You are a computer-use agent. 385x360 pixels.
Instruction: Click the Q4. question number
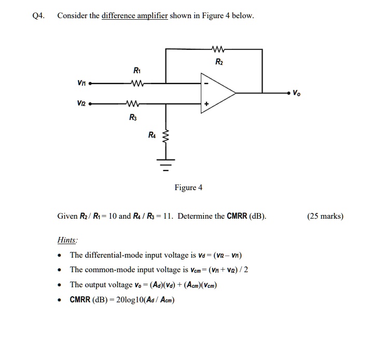coord(38,16)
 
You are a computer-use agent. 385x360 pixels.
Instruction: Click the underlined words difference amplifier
coord(134,16)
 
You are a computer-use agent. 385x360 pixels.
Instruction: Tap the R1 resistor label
coord(136,71)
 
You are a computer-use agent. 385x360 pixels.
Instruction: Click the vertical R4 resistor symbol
coord(167,138)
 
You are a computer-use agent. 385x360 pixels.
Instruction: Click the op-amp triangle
coord(218,94)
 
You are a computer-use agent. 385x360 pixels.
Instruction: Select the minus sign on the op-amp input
coord(207,83)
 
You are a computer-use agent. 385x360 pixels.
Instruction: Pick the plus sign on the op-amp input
coord(207,104)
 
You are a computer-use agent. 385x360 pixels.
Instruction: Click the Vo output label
coord(296,94)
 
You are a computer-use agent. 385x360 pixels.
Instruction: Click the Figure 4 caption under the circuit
coord(188,188)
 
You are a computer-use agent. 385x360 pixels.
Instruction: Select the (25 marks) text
coord(325,216)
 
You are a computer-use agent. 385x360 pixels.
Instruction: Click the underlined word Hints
coord(67,240)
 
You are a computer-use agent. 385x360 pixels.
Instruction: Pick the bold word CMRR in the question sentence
coord(237,216)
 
